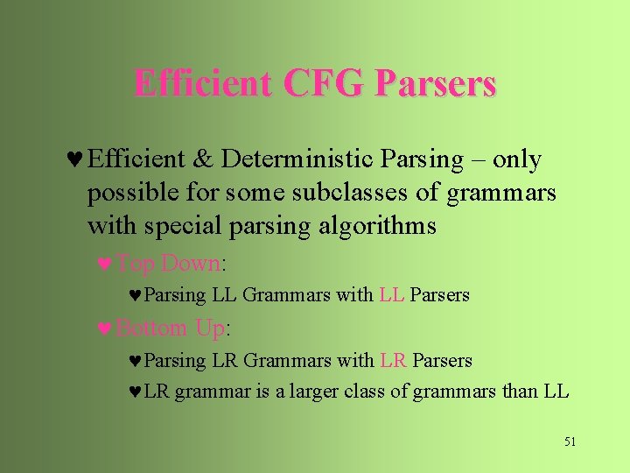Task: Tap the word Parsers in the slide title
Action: (436, 83)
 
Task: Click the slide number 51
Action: (570, 441)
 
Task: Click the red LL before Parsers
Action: (392, 295)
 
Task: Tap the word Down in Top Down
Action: (192, 263)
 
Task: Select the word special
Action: (173, 226)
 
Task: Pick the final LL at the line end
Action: (556, 392)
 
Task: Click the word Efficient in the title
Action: (204, 83)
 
